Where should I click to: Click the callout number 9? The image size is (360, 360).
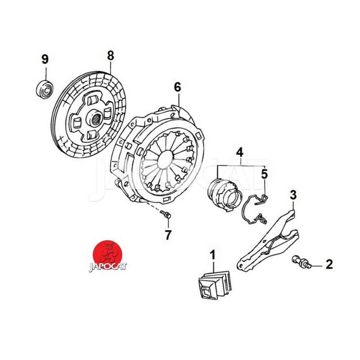pyautogui.click(x=45, y=59)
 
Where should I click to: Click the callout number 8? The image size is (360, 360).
pyautogui.click(x=111, y=55)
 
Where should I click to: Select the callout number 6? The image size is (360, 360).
pyautogui.click(x=177, y=87)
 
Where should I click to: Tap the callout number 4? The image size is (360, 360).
pyautogui.click(x=240, y=152)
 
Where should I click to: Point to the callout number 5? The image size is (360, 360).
pyautogui.click(x=265, y=174)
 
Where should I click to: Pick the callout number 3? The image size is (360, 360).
pyautogui.click(x=293, y=195)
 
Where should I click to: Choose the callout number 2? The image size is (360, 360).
pyautogui.click(x=329, y=264)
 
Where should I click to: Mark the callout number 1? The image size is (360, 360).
pyautogui.click(x=213, y=255)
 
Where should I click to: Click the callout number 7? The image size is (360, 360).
pyautogui.click(x=168, y=235)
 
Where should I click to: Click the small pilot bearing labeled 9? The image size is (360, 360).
pyautogui.click(x=45, y=89)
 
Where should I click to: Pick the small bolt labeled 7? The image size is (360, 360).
pyautogui.click(x=166, y=215)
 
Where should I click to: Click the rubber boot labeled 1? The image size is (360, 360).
pyautogui.click(x=215, y=285)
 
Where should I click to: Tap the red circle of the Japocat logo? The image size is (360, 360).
pyautogui.click(x=107, y=253)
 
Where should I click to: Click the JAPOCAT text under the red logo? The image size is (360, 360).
pyautogui.click(x=108, y=267)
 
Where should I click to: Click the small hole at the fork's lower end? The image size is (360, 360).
pyautogui.click(x=240, y=266)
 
